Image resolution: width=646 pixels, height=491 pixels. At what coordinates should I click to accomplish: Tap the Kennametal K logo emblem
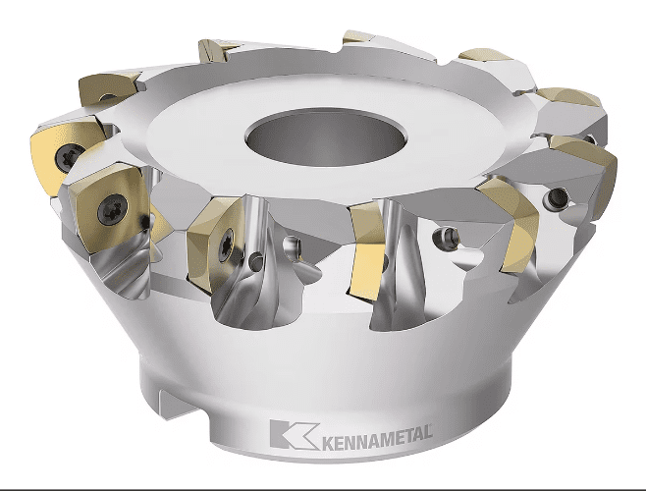point(295,434)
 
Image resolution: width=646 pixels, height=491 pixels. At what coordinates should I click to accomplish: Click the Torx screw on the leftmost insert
point(67,158)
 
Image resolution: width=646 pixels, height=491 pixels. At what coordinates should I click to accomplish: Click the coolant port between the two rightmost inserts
point(557,197)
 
